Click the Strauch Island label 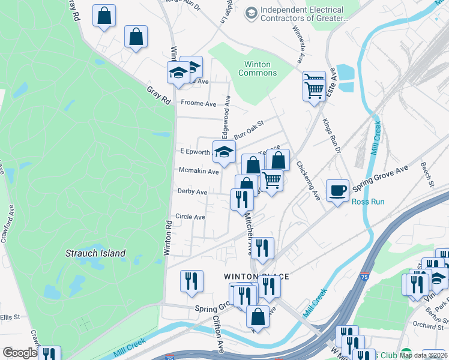tap(95, 253)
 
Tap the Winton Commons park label tap(258, 68)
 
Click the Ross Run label tap(367, 202)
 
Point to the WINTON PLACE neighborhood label tap(257, 276)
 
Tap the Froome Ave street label tap(198, 103)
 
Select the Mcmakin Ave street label tap(199, 171)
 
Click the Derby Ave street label tap(192, 192)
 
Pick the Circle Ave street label tap(190, 217)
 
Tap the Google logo tap(20, 353)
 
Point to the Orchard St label tap(428, 326)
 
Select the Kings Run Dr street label tap(331, 136)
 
